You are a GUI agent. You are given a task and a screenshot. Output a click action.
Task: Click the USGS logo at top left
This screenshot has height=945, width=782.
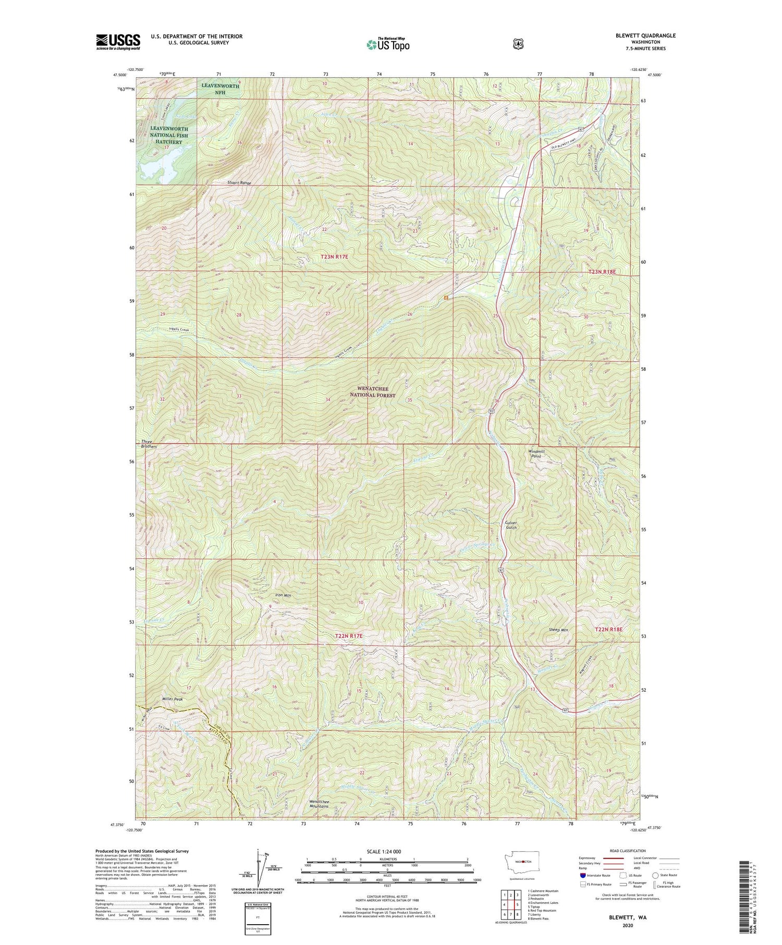pos(118,42)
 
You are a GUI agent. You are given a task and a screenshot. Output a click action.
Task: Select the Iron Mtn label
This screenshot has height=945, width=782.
pos(283,595)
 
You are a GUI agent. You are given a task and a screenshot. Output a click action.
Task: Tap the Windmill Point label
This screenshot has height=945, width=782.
pos(536,453)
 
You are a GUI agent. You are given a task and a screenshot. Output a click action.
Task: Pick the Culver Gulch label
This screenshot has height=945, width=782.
pos(511,525)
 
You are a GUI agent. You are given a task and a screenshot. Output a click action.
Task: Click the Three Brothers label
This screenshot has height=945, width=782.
pos(149,444)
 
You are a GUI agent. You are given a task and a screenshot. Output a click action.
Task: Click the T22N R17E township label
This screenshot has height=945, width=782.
pos(348,636)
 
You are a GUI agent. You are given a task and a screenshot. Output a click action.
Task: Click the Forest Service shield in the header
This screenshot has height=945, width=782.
pos(517,44)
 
